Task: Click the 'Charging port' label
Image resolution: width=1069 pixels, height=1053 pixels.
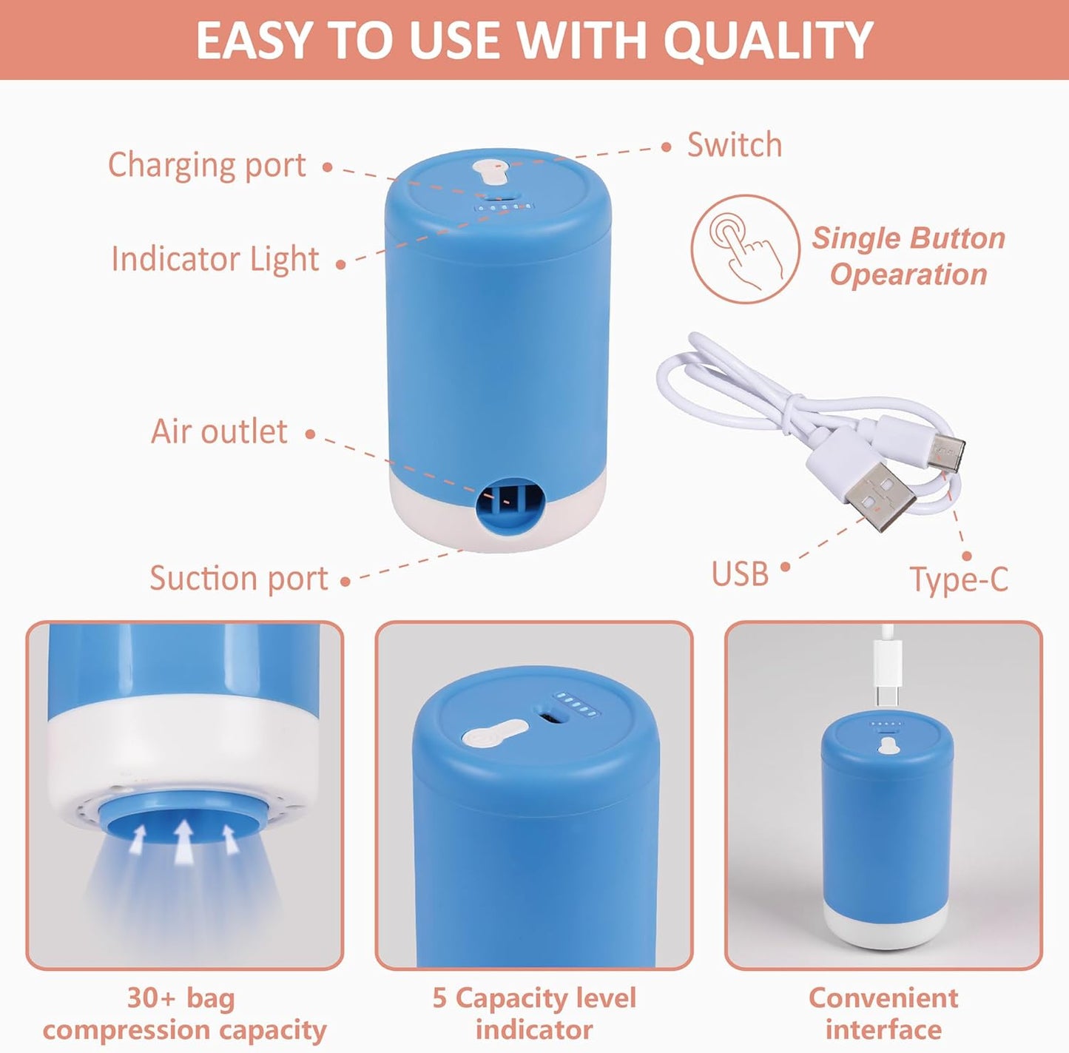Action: pos(206,166)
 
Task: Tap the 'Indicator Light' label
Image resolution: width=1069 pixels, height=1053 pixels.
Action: pos(215,259)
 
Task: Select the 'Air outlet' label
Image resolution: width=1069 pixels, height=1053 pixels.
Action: pos(219,431)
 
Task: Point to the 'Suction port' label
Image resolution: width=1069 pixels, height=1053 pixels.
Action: pos(238,578)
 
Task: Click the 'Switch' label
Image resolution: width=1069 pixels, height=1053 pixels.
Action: pos(734,145)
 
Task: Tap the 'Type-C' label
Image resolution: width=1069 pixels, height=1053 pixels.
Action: pos(959,579)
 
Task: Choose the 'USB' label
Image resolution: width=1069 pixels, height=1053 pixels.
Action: pos(740,574)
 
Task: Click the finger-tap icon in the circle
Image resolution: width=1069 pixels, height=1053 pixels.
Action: pos(745,249)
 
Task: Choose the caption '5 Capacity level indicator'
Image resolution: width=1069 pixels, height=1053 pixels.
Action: pos(534,1013)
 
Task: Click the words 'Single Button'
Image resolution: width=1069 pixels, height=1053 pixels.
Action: pos(908,238)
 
